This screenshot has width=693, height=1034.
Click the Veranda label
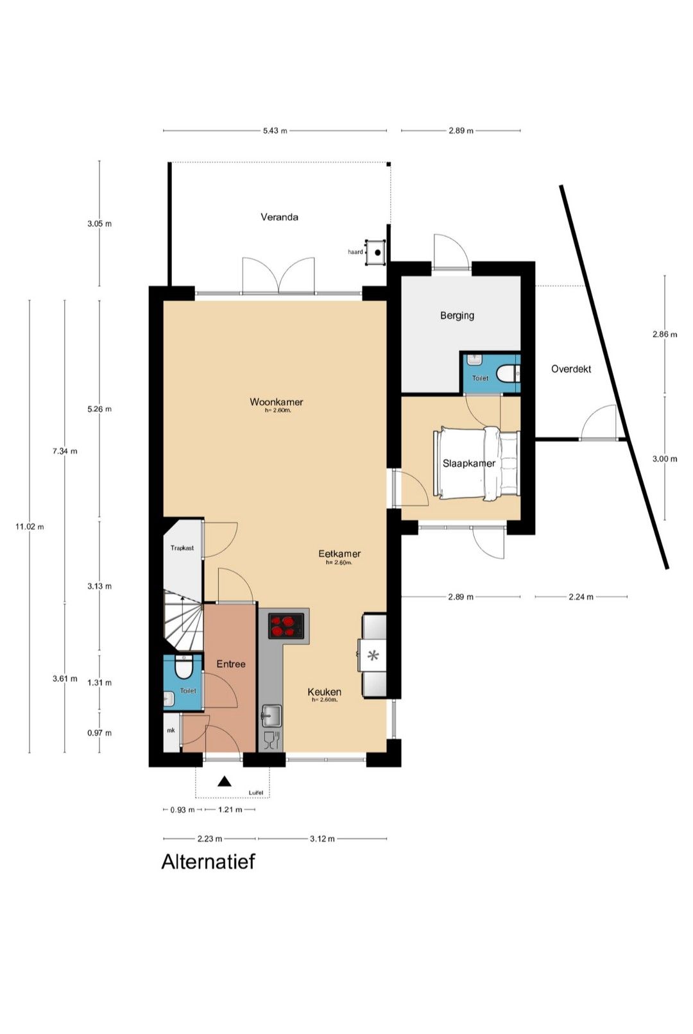tap(279, 217)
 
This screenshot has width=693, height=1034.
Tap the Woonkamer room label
tap(276, 402)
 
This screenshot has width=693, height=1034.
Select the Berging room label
tap(457, 316)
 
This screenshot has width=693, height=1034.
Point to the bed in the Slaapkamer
tap(477, 463)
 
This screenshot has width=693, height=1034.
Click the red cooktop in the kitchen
tap(286, 626)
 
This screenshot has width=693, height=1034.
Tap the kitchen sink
tap(272, 716)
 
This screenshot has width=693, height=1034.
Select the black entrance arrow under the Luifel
tap(225, 781)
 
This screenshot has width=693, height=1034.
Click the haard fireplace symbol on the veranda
tap(376, 252)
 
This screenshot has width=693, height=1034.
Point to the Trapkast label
tap(182, 548)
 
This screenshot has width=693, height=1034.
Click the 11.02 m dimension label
tap(30, 527)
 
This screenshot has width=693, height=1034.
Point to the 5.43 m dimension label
tap(275, 131)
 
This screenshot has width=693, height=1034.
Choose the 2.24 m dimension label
tap(581, 597)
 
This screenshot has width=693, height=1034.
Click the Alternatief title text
tap(208, 862)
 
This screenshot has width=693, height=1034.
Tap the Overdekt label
tap(571, 369)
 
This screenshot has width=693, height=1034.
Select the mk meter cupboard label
tap(171, 730)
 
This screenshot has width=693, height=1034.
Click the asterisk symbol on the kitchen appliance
tap(373, 655)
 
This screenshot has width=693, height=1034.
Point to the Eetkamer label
tap(339, 554)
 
